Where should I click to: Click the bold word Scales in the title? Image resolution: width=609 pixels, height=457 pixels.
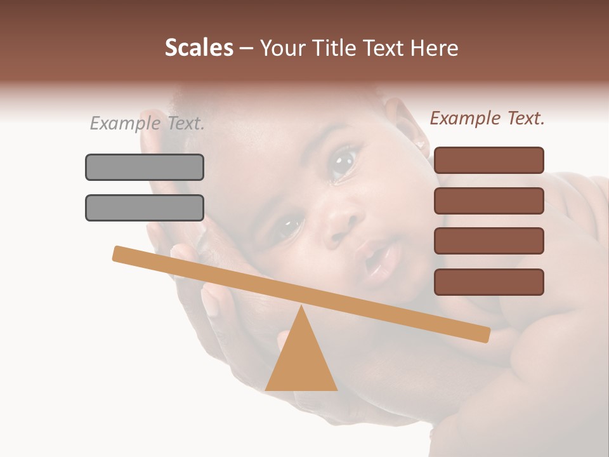(199, 48)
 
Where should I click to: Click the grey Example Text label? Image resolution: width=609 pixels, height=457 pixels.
(147, 123)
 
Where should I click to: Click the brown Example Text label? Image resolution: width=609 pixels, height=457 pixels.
(487, 118)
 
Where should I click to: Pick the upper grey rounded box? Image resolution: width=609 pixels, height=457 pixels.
(145, 167)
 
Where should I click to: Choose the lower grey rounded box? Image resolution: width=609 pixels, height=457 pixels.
(145, 208)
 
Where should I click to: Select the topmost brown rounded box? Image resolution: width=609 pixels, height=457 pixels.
(488, 160)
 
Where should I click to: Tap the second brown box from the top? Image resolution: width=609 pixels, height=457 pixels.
(488, 201)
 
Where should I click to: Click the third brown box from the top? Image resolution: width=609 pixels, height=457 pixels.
(488, 241)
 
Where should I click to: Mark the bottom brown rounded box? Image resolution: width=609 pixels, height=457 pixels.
(488, 282)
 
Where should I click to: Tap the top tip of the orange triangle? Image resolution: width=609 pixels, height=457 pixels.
(301, 307)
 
